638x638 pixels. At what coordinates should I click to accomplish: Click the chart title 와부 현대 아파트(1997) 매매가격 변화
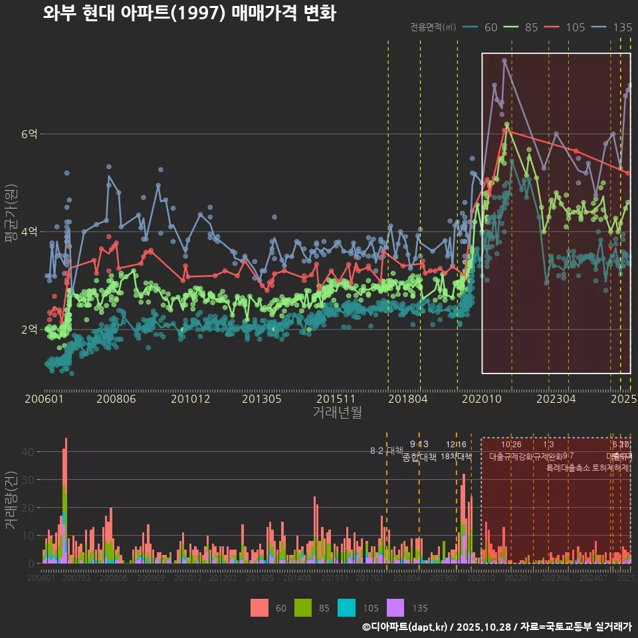[189, 13]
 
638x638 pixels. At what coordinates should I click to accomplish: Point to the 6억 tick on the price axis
[30, 134]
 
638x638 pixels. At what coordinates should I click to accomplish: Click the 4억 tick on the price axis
[30, 231]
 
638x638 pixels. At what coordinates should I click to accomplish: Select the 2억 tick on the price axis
[30, 329]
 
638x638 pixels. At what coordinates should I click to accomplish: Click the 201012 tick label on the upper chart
[191, 399]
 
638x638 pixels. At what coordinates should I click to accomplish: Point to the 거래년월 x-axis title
[337, 413]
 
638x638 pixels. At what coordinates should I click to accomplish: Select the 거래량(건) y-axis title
[11, 500]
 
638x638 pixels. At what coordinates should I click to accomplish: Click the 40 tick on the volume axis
[27, 451]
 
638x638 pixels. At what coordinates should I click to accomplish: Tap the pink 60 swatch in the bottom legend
[260, 607]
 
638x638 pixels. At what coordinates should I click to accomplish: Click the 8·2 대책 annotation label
[387, 451]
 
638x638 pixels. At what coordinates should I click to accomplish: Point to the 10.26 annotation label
[511, 445]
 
